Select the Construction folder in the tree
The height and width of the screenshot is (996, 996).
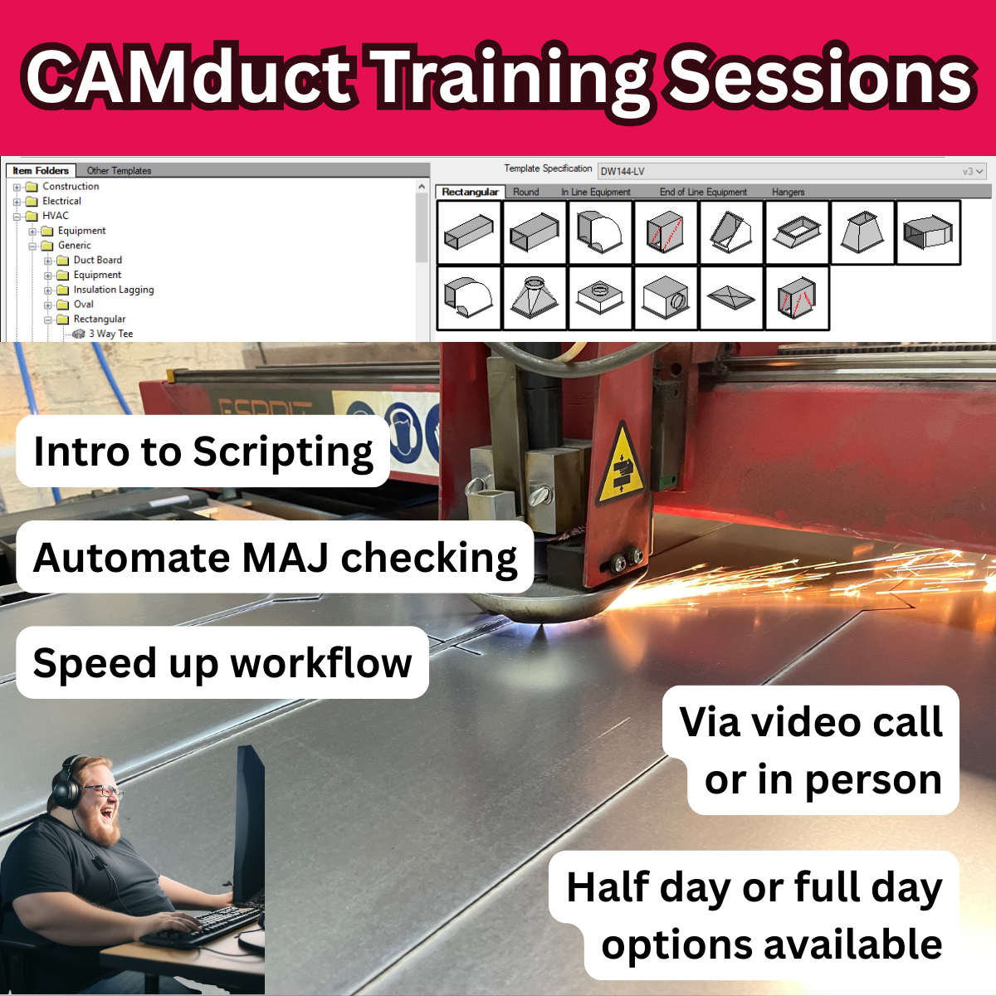pyautogui.click(x=71, y=187)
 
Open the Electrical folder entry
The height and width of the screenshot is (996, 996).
pyautogui.click(x=61, y=201)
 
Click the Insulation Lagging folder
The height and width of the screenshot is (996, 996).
pyautogui.click(x=113, y=290)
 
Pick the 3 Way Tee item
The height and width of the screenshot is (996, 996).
pyautogui.click(x=110, y=334)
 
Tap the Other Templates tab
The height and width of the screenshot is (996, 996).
pyautogui.click(x=119, y=171)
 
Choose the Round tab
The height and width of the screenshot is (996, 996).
pyautogui.click(x=525, y=192)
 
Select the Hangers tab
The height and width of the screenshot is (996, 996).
pyautogui.click(x=788, y=192)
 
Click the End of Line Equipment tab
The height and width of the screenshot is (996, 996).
pyautogui.click(x=703, y=192)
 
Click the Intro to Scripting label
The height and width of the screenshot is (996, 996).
pyautogui.click(x=203, y=452)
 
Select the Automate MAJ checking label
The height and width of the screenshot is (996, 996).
pyautogui.click(x=275, y=558)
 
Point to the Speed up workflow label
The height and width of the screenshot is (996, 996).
pyautogui.click(x=222, y=663)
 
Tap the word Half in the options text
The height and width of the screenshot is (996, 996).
pyautogui.click(x=608, y=887)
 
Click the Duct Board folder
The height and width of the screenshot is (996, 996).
pyautogui.click(x=97, y=260)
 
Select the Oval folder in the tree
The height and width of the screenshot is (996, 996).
pyautogui.click(x=83, y=305)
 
